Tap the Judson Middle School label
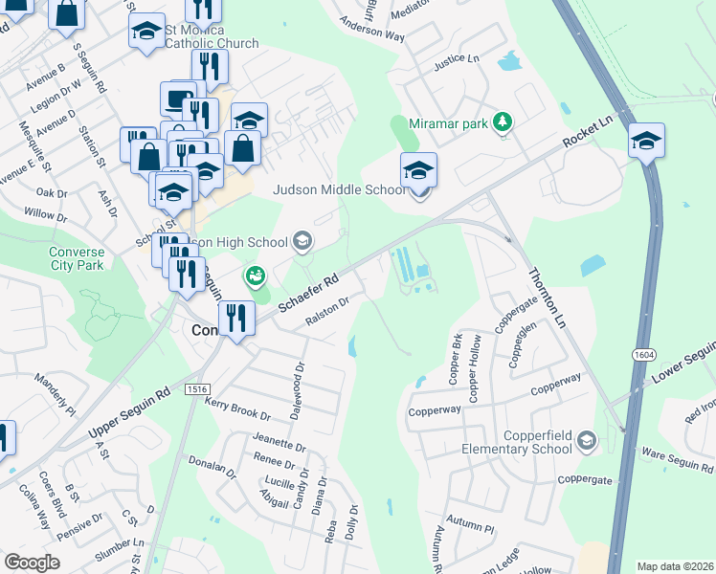pos(340,189)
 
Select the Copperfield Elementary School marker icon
pos(587,441)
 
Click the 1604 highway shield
pos(640,355)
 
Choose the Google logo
pos(33,563)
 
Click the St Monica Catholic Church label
pos(211,36)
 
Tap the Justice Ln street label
pos(456,59)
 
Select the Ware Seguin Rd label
pos(677,461)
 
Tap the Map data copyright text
pos(674,566)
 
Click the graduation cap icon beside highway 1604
pos(647,142)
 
